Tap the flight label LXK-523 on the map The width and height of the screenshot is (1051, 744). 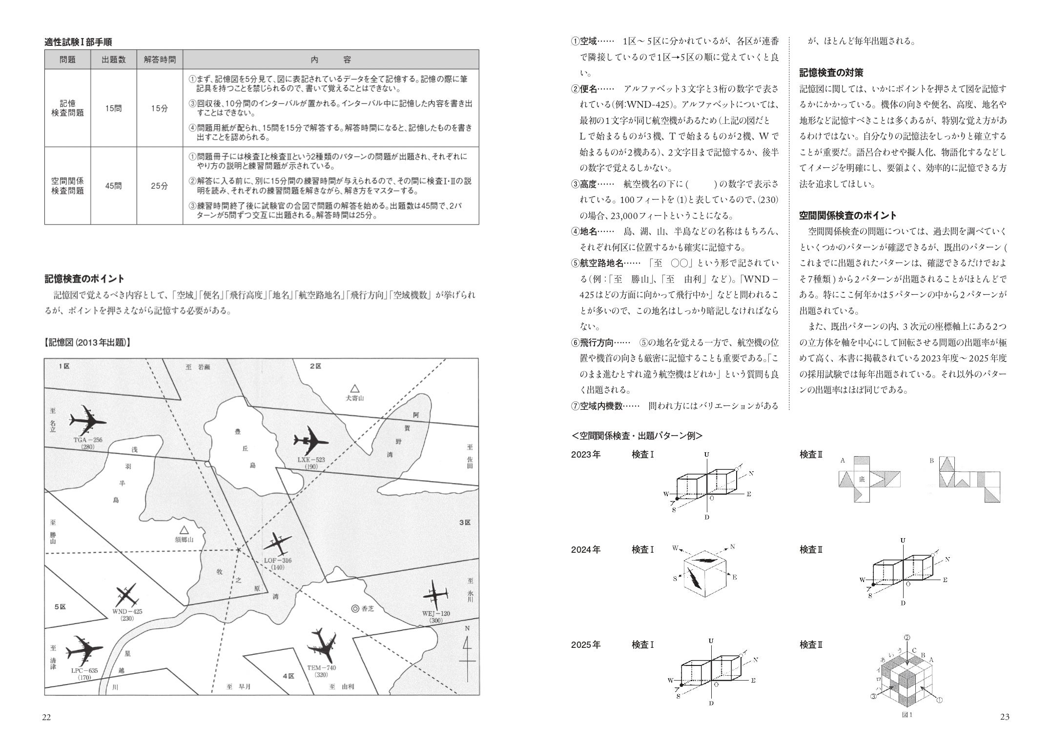[311, 460]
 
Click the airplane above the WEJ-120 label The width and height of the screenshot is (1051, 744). [433, 595]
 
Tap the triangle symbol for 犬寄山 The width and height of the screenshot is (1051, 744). [355, 388]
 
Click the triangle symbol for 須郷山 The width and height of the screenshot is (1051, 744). [184, 530]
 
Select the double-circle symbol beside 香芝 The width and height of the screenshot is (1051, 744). [355, 608]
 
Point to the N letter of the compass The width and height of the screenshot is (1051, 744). [467, 628]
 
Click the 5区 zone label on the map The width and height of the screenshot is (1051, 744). [60, 606]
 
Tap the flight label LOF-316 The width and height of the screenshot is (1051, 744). [277, 560]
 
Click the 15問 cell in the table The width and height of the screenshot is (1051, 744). [114, 108]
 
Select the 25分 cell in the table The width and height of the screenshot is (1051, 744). [159, 186]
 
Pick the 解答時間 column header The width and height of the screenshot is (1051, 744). [160, 60]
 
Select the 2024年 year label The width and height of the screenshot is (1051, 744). [586, 550]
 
